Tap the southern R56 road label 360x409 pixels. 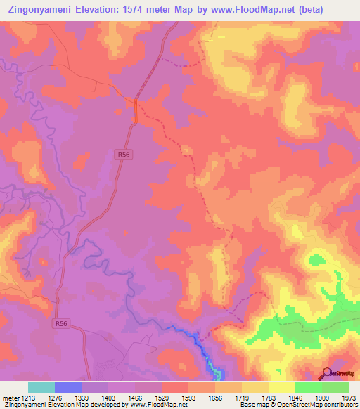[61, 323]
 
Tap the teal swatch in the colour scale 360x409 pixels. [41, 387]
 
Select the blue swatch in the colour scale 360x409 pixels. [68, 387]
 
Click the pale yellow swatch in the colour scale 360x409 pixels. [281, 387]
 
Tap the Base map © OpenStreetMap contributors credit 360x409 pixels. [299, 405]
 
